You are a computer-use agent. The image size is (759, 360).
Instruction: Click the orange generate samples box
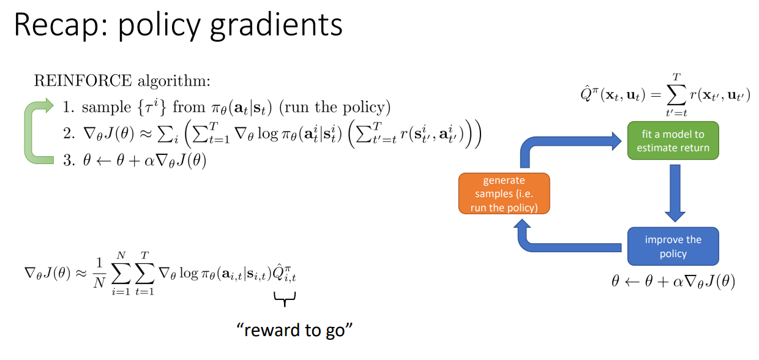(504, 193)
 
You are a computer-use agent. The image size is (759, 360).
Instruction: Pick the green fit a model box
(673, 141)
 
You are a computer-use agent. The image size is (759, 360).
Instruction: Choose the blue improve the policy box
(673, 246)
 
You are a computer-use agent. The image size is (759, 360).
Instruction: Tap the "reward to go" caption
(296, 330)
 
